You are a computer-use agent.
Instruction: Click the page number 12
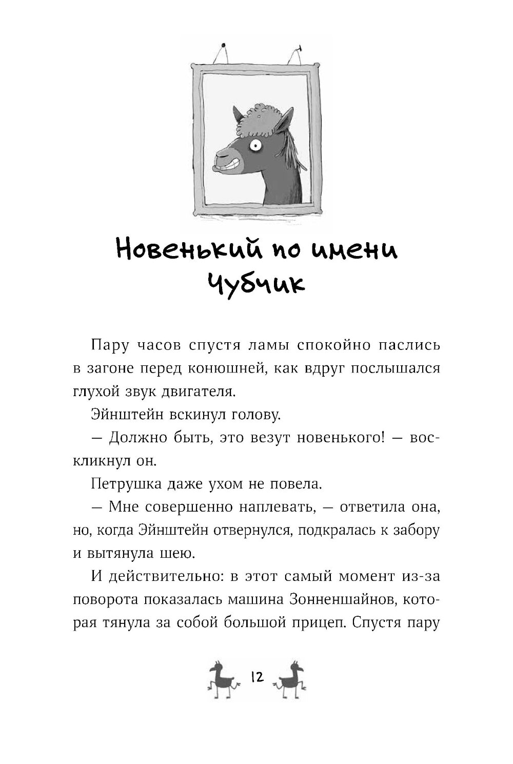click(256, 677)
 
